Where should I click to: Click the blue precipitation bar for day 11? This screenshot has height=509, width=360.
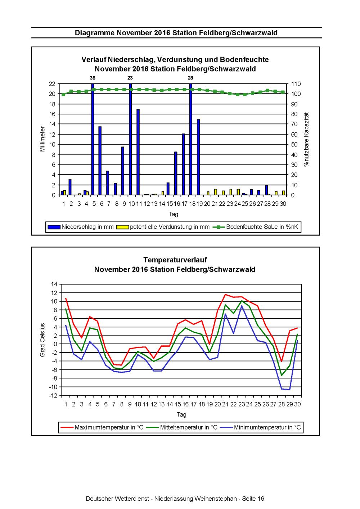click(x=138, y=152)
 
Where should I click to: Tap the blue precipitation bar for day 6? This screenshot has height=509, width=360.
click(x=100, y=161)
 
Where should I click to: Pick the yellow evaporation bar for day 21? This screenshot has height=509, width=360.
click(x=216, y=192)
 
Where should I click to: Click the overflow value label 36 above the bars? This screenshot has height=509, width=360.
click(x=92, y=78)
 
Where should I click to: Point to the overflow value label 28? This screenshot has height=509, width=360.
click(x=190, y=78)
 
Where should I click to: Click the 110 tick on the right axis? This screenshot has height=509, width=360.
click(x=296, y=84)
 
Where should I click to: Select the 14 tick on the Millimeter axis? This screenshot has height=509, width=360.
click(x=52, y=124)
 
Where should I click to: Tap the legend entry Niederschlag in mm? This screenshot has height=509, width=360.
click(x=81, y=227)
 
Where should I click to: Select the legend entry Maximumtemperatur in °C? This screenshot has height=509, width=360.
click(x=102, y=427)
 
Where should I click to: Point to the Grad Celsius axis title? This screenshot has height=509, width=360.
click(x=42, y=340)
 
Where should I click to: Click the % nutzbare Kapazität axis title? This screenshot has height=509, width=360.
click(x=306, y=139)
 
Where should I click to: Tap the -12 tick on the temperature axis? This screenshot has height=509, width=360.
click(x=53, y=396)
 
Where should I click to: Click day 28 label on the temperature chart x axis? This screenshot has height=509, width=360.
click(x=282, y=404)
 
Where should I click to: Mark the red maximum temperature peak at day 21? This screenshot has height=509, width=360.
click(x=225, y=295)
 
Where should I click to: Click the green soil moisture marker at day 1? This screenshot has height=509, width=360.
click(x=63, y=94)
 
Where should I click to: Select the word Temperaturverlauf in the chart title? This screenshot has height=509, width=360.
click(x=175, y=260)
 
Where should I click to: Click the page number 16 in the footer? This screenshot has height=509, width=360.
click(x=261, y=499)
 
